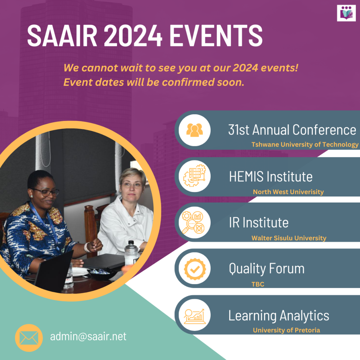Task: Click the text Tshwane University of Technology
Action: click(305, 144)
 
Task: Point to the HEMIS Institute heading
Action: click(271, 176)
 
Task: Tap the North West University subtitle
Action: click(288, 192)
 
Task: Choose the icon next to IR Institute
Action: click(194, 223)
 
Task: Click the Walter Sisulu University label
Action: click(289, 238)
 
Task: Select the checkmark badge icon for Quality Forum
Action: click(194, 269)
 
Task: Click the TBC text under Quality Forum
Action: click(258, 284)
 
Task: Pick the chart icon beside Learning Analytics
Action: click(194, 315)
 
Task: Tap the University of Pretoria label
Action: click(287, 330)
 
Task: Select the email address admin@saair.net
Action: click(88, 336)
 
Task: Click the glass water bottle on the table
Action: click(131, 253)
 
